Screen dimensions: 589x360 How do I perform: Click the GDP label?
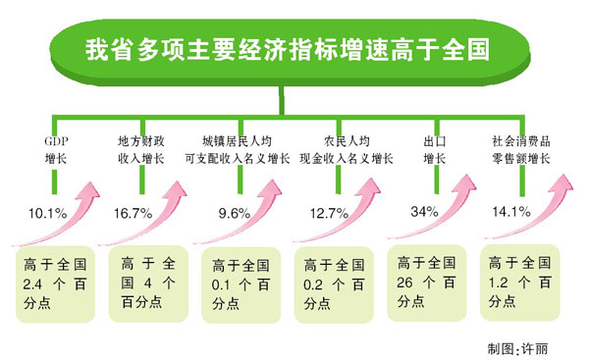tap(56, 140)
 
